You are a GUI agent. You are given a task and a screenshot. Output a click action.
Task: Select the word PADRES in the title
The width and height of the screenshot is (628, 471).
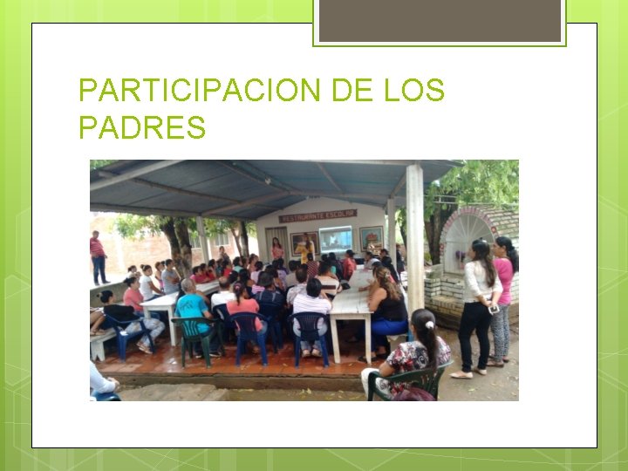tap(142, 127)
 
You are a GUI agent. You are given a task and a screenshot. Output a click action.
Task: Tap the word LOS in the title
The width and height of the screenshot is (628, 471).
tap(414, 91)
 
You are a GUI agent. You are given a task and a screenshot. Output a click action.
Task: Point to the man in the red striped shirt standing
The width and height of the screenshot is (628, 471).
tap(98, 256)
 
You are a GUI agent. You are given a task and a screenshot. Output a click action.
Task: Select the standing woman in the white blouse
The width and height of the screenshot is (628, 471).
tap(479, 305)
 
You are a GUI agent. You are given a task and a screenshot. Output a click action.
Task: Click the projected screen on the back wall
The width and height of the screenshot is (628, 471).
tap(336, 239)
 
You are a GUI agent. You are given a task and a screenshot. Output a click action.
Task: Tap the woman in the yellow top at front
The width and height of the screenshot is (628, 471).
tap(305, 250)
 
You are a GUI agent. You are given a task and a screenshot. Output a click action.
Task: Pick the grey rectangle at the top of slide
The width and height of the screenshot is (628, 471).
tap(440, 19)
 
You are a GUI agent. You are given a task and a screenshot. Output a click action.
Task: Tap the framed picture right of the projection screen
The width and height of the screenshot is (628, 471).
tap(372, 237)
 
